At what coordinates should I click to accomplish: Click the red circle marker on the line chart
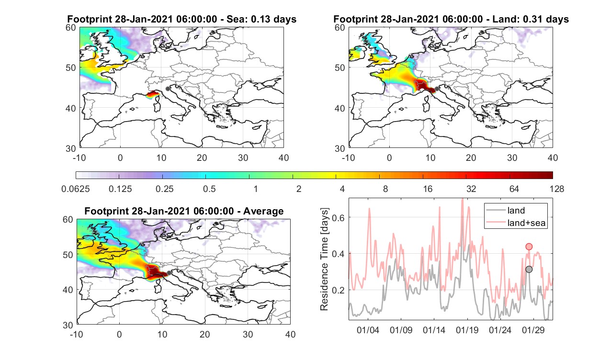529,247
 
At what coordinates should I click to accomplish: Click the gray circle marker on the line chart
529,270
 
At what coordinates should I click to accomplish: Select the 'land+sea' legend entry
516,223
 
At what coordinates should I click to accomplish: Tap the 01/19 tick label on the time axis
467,330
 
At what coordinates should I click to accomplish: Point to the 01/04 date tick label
368,330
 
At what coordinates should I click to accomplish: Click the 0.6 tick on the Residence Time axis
339,217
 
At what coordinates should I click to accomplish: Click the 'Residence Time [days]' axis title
324,259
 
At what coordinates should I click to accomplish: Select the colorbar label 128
557,189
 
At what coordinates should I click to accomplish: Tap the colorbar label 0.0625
75,189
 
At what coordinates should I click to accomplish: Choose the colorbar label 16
428,189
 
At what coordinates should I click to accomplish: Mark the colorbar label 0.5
209,189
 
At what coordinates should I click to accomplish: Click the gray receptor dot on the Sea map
168,89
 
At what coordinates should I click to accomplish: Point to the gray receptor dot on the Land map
437,89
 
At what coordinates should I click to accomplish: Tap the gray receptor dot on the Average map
169,273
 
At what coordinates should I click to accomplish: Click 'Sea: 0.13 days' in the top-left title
261,19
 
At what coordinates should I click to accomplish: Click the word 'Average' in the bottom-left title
263,211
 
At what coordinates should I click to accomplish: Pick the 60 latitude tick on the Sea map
71,28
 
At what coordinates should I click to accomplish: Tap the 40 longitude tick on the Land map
553,157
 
